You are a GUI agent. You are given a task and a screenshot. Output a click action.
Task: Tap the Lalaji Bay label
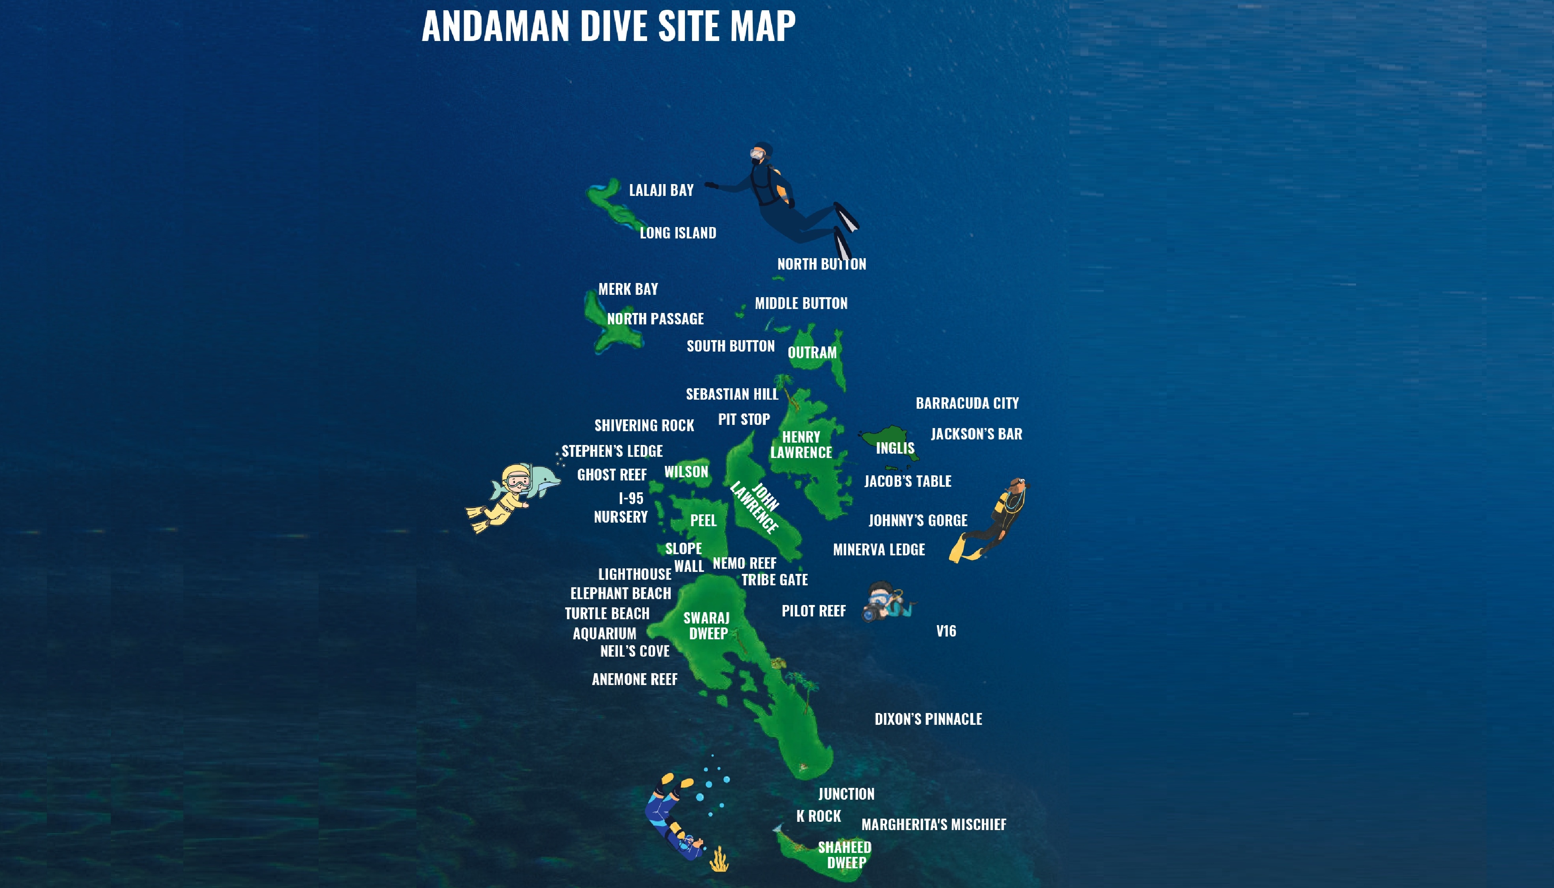point(661,190)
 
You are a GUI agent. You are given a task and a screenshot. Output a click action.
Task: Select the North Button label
point(821,264)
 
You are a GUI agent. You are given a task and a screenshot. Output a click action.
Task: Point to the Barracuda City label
point(967,403)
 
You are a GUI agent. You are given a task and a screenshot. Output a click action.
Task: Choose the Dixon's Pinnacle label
point(928,719)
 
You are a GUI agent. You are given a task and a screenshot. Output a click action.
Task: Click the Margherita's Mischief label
point(933,825)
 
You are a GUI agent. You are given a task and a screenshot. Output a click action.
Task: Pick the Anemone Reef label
point(634,679)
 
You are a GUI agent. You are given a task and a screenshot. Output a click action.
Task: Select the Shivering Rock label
point(644,425)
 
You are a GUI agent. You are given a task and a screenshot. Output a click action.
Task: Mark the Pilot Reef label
point(813,611)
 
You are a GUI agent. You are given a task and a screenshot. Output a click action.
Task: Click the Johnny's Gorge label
point(918,520)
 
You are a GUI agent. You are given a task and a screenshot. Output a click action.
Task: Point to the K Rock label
point(818,816)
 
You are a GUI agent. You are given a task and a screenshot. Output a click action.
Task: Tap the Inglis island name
point(895,448)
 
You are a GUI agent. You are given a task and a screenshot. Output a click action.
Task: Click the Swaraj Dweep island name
point(707,626)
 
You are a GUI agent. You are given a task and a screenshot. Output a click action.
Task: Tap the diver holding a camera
point(885,601)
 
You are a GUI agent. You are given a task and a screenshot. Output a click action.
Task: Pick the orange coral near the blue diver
point(719,860)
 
